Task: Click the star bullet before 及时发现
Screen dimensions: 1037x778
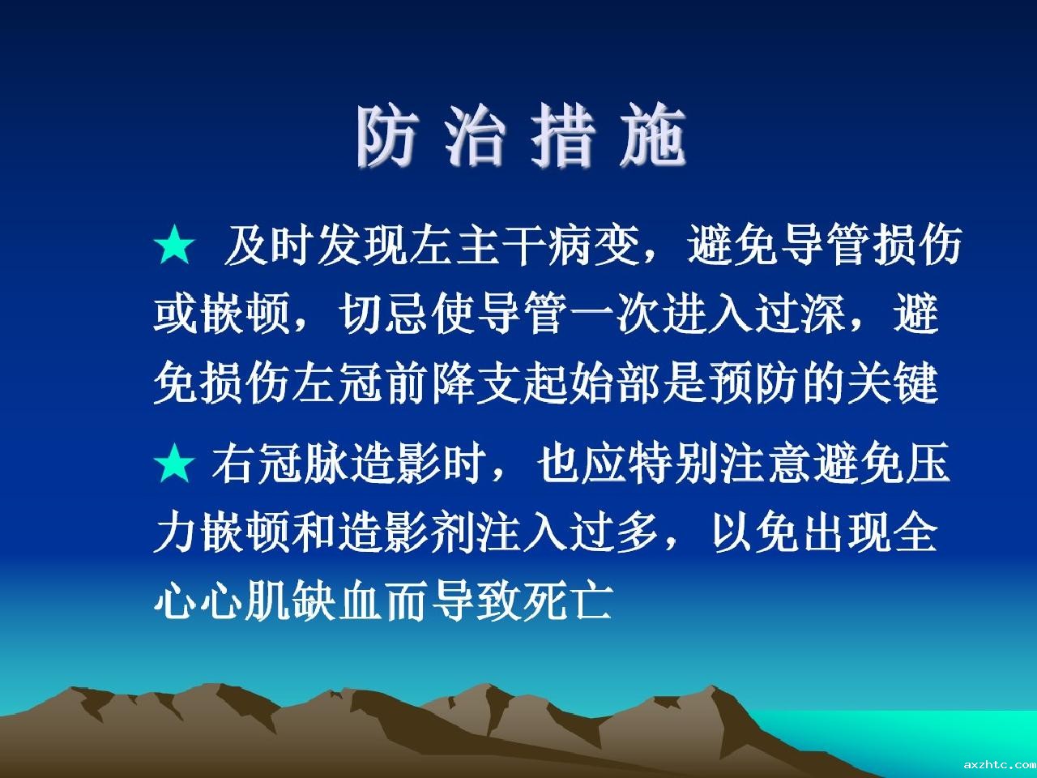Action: coord(174,244)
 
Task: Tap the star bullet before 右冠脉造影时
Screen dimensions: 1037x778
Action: coord(174,463)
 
